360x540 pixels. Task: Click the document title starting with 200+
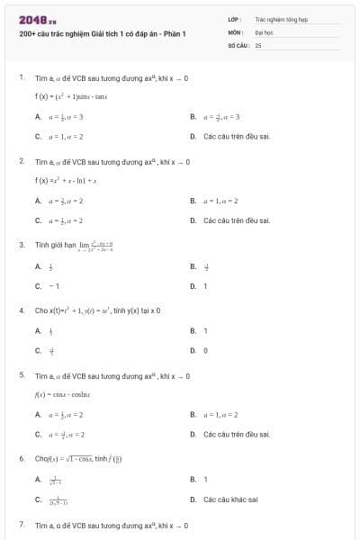pyautogui.click(x=102, y=33)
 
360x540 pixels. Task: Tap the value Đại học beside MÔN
pyautogui.click(x=264, y=31)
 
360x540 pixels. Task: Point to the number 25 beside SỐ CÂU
pyautogui.click(x=258, y=43)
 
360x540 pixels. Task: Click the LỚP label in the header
pyautogui.click(x=234, y=18)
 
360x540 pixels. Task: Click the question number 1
pyautogui.click(x=22, y=78)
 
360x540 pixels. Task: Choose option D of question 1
pyautogui.click(x=230, y=137)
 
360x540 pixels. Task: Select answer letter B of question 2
pyautogui.click(x=193, y=200)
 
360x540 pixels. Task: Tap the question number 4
pyautogui.click(x=22, y=310)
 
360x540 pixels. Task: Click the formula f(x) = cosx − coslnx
pyautogui.click(x=71, y=393)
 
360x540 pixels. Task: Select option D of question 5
pyautogui.click(x=230, y=435)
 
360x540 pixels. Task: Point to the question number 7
pyautogui.click(x=22, y=524)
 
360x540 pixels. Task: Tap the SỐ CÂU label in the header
pyautogui.click(x=236, y=43)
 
